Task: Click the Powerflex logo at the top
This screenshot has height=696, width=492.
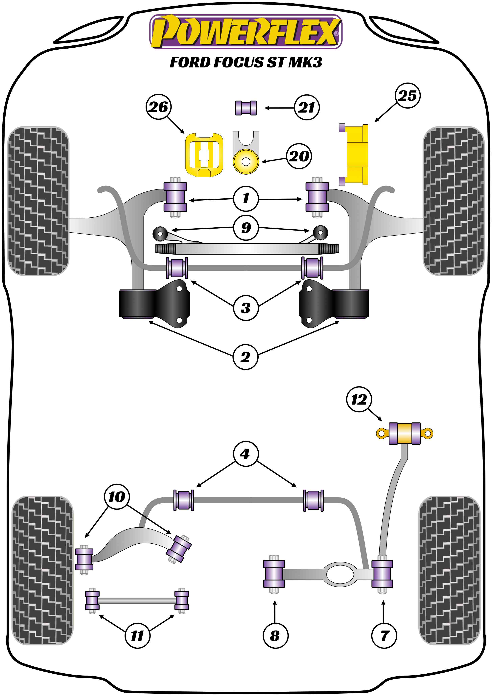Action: click(246, 32)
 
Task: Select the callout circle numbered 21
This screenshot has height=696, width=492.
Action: click(307, 107)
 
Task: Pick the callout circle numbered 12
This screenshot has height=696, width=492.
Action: click(359, 400)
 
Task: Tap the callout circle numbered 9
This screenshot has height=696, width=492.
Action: click(246, 228)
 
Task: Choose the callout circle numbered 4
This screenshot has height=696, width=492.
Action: click(245, 454)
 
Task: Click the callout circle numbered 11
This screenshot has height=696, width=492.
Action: click(137, 636)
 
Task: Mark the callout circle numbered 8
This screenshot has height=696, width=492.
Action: click(275, 636)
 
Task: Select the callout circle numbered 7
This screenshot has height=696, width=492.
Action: click(384, 636)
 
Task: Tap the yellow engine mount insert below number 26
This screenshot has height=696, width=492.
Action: click(204, 155)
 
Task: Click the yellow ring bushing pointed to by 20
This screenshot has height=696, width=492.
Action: click(246, 162)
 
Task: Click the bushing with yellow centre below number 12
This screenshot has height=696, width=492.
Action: click(404, 434)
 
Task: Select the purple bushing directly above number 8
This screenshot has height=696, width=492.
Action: click(274, 574)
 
